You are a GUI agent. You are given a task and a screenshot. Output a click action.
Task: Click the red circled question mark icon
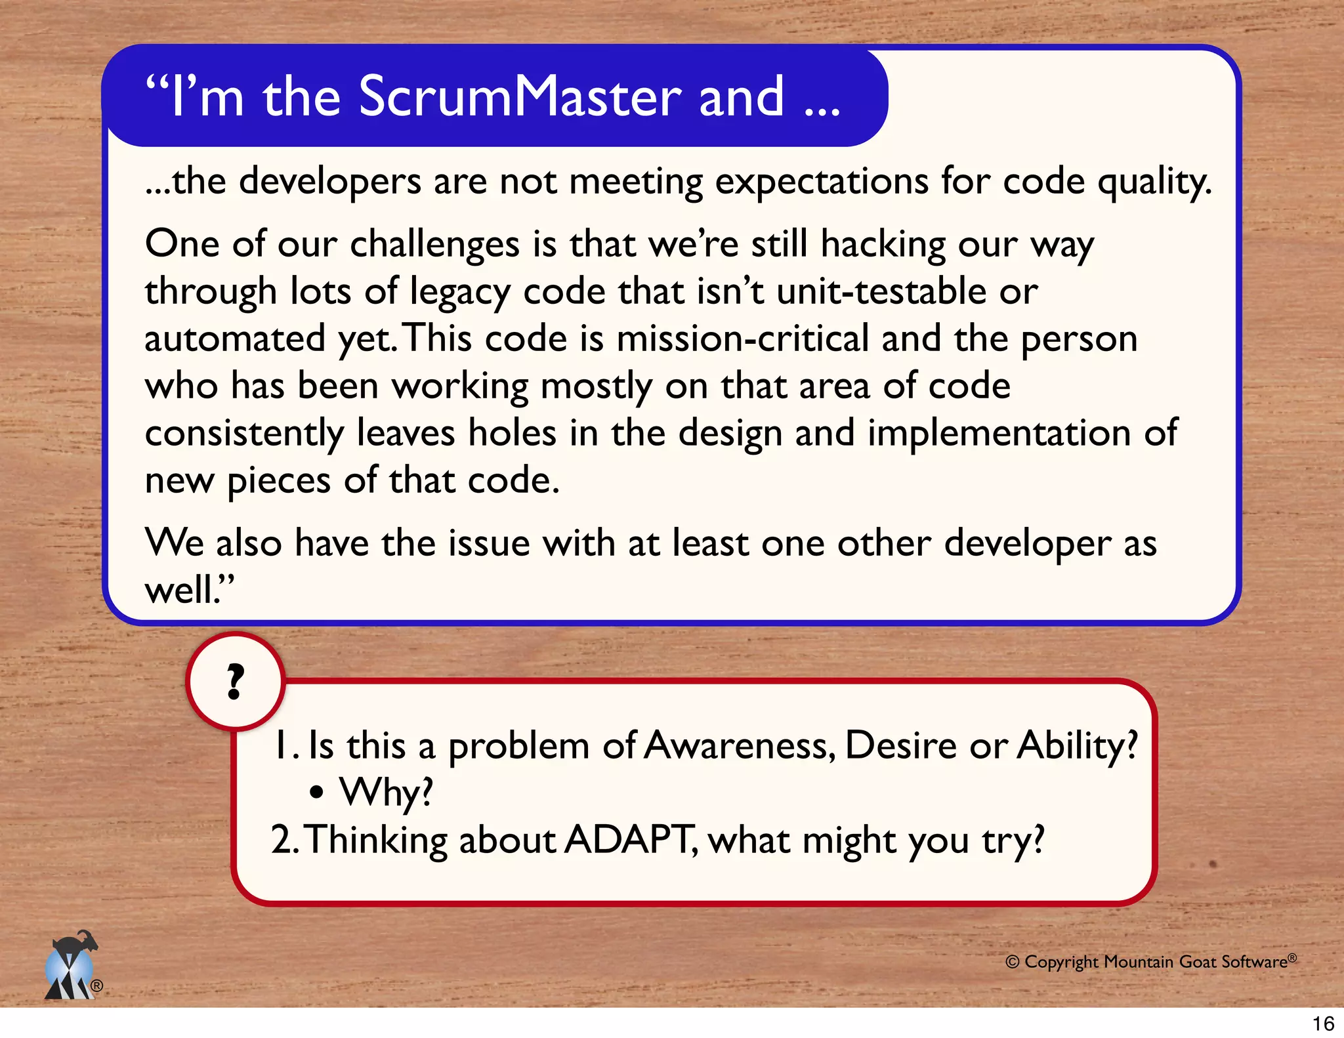pos(236,682)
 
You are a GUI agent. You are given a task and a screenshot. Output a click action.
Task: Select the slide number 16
pos(1323,1024)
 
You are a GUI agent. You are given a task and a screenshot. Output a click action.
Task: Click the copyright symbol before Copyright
pos(1013,963)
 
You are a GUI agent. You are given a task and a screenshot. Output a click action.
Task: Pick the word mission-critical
pos(742,339)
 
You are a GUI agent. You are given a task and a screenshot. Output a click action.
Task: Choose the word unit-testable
pos(881,291)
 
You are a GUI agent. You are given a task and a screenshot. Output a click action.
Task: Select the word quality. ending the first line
pos(1154,182)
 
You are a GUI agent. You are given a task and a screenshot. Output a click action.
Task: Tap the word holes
pos(512,433)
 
